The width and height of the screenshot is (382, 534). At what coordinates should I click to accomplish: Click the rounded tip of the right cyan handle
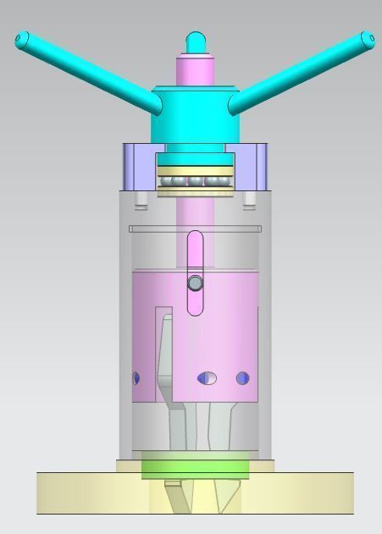[367, 39]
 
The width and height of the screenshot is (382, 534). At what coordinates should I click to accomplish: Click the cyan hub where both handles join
[195, 114]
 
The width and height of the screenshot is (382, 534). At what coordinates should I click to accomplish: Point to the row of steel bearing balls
[195, 180]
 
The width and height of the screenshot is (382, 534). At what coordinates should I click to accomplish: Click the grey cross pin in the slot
[195, 283]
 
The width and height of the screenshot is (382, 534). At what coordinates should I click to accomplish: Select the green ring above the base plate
[195, 466]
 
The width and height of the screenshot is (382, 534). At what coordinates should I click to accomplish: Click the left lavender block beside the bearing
[139, 167]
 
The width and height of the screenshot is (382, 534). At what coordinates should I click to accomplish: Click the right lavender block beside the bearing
[251, 167]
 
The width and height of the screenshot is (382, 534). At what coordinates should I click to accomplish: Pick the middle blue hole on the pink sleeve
[207, 378]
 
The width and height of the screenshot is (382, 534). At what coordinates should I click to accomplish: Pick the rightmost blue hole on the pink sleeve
[243, 378]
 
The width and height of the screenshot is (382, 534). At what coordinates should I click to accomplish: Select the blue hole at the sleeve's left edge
[136, 378]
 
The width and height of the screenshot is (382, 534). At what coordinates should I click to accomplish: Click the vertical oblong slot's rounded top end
[195, 238]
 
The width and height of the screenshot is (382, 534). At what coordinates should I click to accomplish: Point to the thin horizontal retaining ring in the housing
[195, 228]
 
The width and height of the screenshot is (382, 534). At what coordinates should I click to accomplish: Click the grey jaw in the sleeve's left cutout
[165, 355]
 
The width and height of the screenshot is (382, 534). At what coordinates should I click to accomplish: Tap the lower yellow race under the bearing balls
[195, 192]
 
